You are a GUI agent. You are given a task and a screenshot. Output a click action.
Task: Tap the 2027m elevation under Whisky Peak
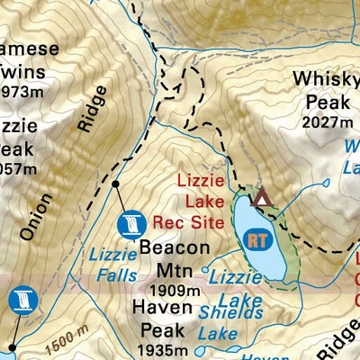click(x=326, y=122)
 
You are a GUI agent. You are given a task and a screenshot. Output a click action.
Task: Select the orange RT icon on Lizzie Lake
click(x=258, y=240)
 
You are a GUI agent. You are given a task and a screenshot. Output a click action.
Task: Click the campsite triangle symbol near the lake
click(x=262, y=197)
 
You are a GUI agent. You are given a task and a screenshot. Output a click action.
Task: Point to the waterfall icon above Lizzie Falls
click(x=131, y=222)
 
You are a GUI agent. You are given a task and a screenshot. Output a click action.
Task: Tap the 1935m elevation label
click(x=163, y=350)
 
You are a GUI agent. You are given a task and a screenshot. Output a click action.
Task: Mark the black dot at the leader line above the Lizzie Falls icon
click(x=115, y=184)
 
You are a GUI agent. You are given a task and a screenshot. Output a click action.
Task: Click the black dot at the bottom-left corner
click(x=13, y=346)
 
